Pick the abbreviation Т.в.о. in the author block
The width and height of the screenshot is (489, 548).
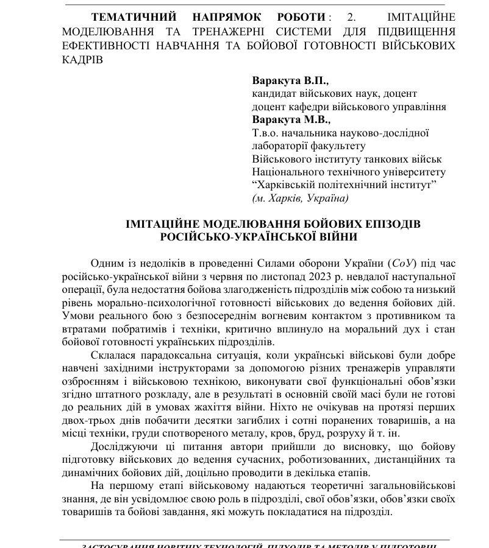point(266,132)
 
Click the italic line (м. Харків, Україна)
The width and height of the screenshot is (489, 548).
point(300,198)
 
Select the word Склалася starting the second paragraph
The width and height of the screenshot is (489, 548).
point(113,355)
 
